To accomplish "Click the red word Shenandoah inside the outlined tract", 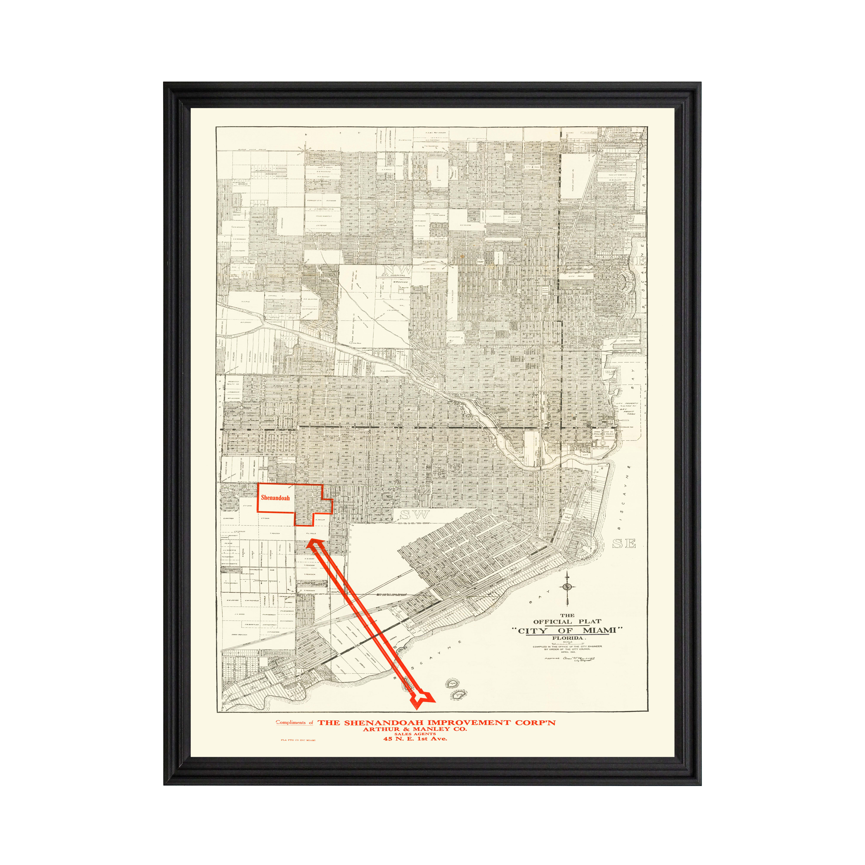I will point(275,498).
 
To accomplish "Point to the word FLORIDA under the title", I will point(567,638).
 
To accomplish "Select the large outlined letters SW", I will point(414,515).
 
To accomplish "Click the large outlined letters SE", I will point(624,543).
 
